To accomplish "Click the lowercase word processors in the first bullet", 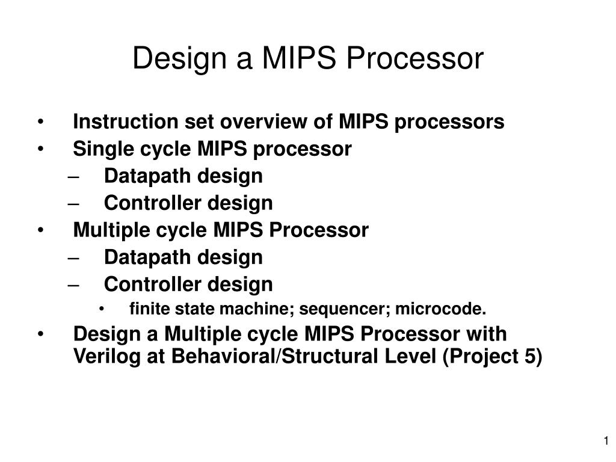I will click(x=449, y=122).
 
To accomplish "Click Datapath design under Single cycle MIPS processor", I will click(x=183, y=176).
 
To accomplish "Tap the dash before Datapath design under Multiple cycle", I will click(x=73, y=257).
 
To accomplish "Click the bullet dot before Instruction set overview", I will click(x=40, y=123).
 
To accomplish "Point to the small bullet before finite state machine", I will click(x=103, y=310).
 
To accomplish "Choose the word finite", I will click(x=144, y=309).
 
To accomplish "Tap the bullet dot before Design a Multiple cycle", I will click(x=40, y=334).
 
